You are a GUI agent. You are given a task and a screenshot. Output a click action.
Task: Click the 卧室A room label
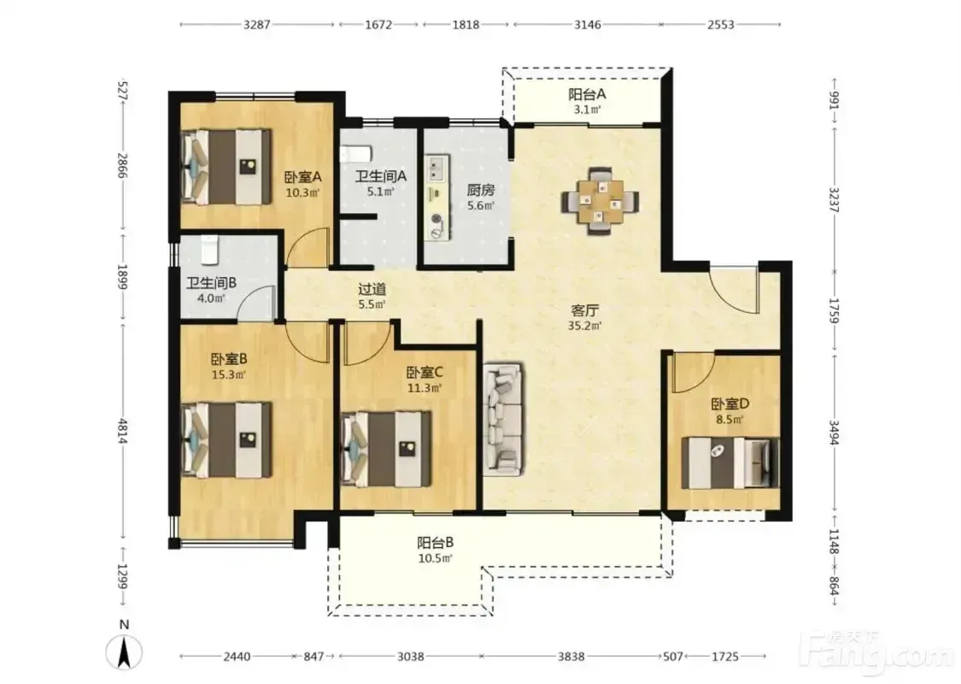[x=302, y=177]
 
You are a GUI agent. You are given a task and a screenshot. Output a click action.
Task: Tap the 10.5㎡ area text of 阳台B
[x=435, y=558]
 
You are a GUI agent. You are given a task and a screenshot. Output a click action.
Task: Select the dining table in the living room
[x=601, y=201]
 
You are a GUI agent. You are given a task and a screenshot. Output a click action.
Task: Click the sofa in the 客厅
[x=504, y=420]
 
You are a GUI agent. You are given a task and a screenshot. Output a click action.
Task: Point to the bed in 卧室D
[x=730, y=463]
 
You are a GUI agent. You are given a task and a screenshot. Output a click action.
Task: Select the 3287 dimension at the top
[x=257, y=25]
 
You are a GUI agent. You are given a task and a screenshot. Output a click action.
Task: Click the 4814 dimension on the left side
[x=122, y=431]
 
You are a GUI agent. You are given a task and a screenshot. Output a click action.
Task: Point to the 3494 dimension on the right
[x=834, y=433]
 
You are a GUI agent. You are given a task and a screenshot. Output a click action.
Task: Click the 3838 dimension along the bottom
[x=571, y=657]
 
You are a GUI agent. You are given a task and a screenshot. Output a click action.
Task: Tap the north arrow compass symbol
[x=125, y=651]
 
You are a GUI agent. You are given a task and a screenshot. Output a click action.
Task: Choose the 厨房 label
[x=480, y=190]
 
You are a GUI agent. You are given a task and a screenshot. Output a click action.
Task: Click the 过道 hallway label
[x=372, y=288]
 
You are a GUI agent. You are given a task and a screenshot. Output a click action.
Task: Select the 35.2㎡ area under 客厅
[x=584, y=326]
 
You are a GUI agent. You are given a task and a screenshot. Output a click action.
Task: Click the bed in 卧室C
[x=386, y=449]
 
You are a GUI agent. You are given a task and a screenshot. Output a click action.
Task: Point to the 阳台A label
[x=587, y=94]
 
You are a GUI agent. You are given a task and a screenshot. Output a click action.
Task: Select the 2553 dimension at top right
[x=721, y=25]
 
